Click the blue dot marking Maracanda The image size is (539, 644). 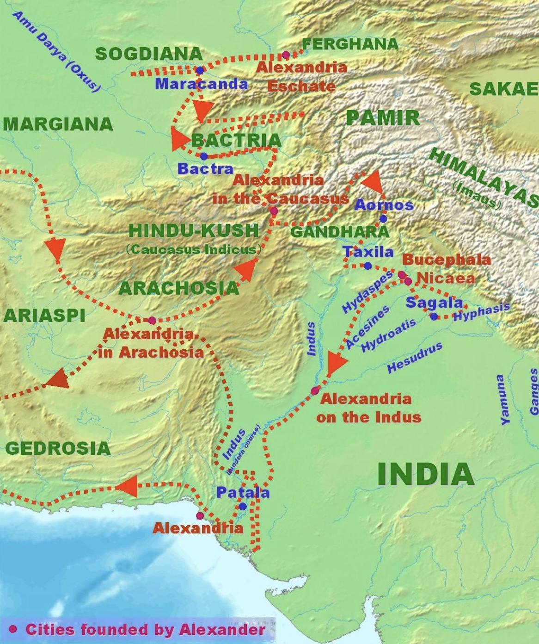(x=200, y=70)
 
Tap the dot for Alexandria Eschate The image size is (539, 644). (x=286, y=55)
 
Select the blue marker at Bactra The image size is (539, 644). (x=204, y=156)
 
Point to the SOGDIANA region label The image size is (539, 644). (x=149, y=54)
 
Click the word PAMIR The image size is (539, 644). (x=382, y=118)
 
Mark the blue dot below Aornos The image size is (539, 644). (x=383, y=219)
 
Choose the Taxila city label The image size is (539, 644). (x=368, y=252)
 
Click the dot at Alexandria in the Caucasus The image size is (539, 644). (x=274, y=211)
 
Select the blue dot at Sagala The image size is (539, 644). (x=434, y=316)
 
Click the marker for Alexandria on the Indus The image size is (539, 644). (x=315, y=391)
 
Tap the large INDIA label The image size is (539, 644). (x=425, y=474)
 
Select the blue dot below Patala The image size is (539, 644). (x=243, y=507)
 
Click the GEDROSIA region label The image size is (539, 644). (x=58, y=448)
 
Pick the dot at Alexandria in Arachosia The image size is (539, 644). (x=152, y=320)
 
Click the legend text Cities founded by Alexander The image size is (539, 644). (x=145, y=630)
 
